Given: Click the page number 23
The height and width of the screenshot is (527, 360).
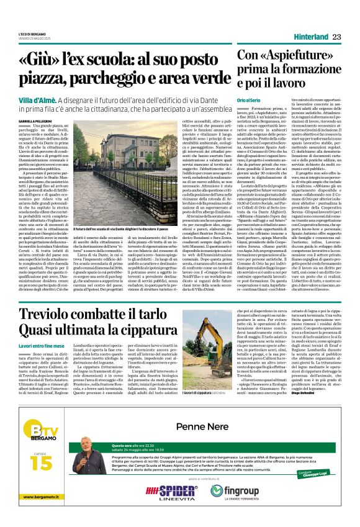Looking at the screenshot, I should pyautogui.click(x=337, y=37).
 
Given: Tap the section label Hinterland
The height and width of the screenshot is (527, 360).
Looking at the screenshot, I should pyautogui.click(x=310, y=37).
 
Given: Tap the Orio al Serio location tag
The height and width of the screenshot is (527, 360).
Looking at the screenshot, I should pyautogui.click(x=250, y=101).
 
